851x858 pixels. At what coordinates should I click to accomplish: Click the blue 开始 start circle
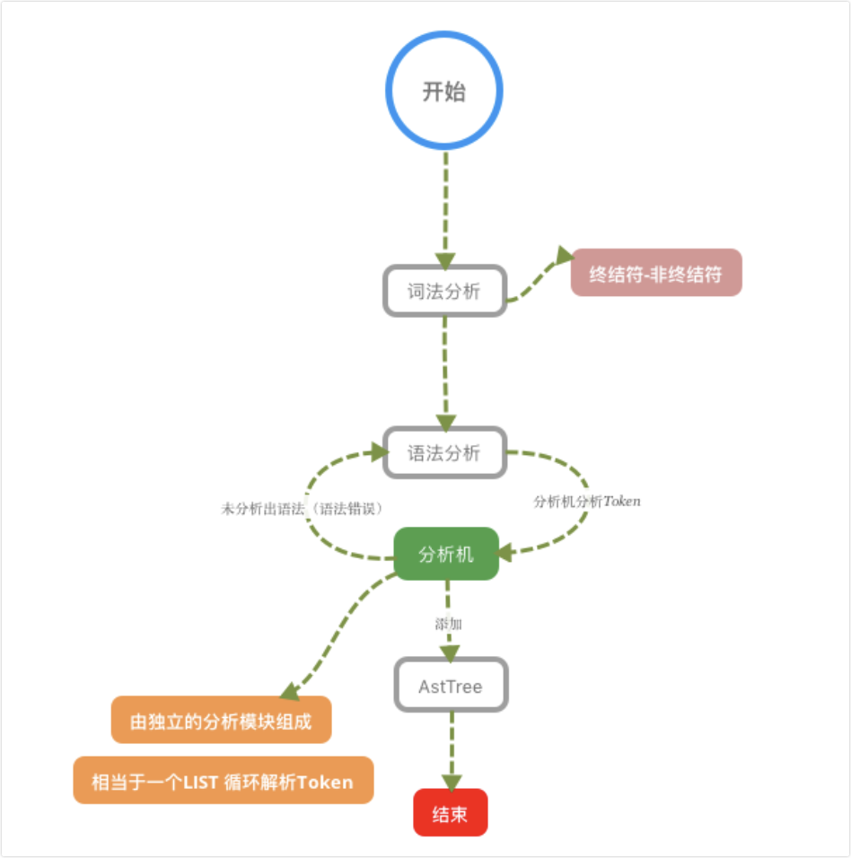[x=444, y=91]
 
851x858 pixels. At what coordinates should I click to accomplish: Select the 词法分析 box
[x=444, y=291]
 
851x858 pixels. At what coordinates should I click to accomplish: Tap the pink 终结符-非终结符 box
[x=656, y=273]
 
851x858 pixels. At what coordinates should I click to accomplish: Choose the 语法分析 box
[x=444, y=452]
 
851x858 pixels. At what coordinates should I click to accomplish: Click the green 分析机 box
[x=446, y=554]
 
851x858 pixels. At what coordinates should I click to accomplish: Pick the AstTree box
[x=451, y=687]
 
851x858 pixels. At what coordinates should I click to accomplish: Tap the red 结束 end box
[x=450, y=813]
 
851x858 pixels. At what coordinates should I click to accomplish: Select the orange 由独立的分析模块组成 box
[x=221, y=721]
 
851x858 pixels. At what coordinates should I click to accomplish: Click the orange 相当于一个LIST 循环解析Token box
[x=223, y=781]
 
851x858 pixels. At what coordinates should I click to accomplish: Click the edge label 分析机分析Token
[x=587, y=502]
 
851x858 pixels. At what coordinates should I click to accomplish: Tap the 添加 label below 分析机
[x=448, y=623]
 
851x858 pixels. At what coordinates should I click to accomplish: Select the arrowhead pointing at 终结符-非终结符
[x=564, y=257]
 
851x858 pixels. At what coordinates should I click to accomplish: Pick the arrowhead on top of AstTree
[x=449, y=652]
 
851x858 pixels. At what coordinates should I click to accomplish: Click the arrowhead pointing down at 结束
[x=451, y=782]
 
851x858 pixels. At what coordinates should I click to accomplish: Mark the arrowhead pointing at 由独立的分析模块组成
[x=289, y=691]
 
